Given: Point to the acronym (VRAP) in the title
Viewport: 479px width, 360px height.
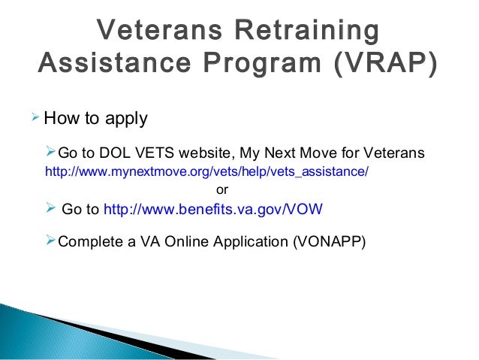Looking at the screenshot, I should tap(381, 65).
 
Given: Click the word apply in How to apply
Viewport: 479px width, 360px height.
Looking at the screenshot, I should tap(126, 119).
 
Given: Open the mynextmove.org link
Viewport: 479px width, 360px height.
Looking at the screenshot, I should tap(207, 171).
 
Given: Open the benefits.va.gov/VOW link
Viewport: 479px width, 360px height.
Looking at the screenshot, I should tap(212, 210).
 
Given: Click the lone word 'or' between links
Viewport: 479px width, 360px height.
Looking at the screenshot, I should tap(222, 189).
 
